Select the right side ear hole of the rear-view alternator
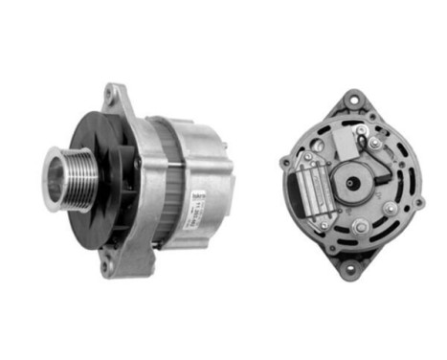(417, 201)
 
